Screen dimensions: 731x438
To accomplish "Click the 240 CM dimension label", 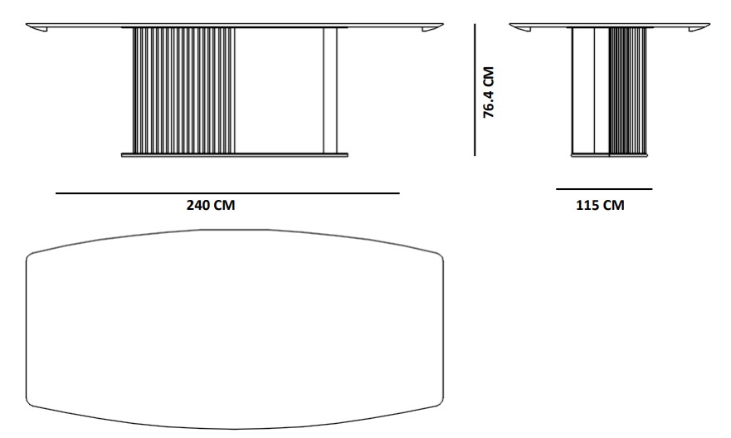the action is (x=211, y=205).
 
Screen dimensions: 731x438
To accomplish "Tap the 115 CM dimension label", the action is (x=600, y=205).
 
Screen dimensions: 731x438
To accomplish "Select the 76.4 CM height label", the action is (x=488, y=92).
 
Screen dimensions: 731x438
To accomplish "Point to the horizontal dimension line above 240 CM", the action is (x=227, y=193).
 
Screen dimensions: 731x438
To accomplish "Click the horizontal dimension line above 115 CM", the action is (x=604, y=189).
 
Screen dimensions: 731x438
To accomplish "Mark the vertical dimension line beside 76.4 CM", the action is (x=475, y=90).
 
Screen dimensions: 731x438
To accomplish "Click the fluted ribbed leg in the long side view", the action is (x=183, y=90).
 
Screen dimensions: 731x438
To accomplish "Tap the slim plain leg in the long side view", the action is (x=330, y=90).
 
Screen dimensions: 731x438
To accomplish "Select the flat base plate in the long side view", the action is (x=235, y=154).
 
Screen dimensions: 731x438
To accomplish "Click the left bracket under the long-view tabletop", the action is (x=40, y=29).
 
